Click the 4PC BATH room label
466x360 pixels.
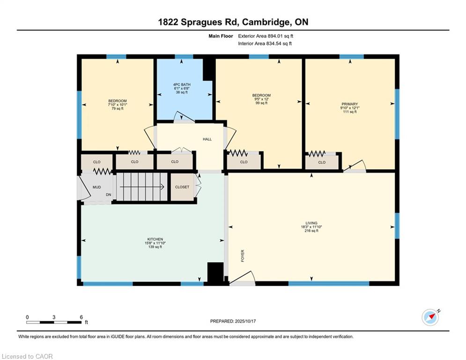pyautogui.click(x=182, y=84)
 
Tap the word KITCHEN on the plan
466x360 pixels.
pyautogui.click(x=155, y=239)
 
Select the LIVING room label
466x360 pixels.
pyautogui.click(x=311, y=223)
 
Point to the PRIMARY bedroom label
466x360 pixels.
pyautogui.click(x=350, y=104)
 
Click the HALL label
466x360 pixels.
pyautogui.click(x=207, y=139)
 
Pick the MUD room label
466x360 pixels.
pyautogui.click(x=96, y=187)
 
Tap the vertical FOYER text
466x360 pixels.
pyautogui.click(x=243, y=255)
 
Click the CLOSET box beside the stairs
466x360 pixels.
pyautogui.click(x=182, y=187)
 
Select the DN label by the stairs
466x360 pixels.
pyautogui.click(x=109, y=195)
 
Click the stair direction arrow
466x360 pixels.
pyautogui.click(x=142, y=187)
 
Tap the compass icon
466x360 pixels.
pyautogui.click(x=430, y=317)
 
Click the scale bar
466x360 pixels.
pyautogui.click(x=54, y=322)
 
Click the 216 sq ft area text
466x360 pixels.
pyautogui.click(x=311, y=231)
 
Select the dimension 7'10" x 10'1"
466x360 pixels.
pyautogui.click(x=118, y=105)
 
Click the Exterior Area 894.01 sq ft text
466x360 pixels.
pyautogui.click(x=266, y=36)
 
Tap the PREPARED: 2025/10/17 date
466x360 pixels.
pyautogui.click(x=233, y=321)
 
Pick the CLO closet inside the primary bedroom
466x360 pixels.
pyautogui.click(x=322, y=162)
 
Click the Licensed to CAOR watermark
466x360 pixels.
pyautogui.click(x=27, y=356)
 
